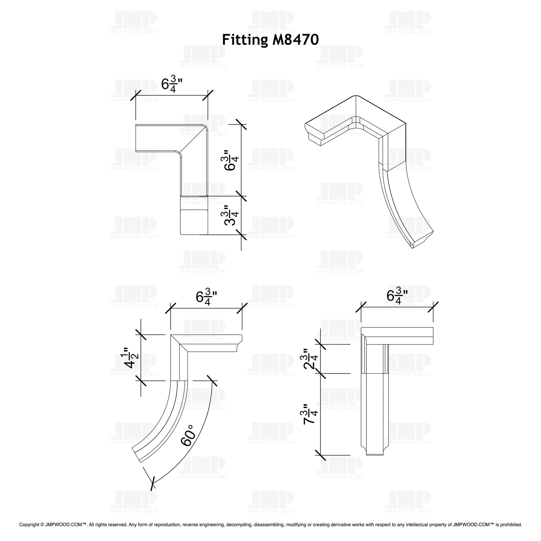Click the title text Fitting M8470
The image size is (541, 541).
tap(270, 40)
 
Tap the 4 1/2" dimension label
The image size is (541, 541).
tap(129, 358)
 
